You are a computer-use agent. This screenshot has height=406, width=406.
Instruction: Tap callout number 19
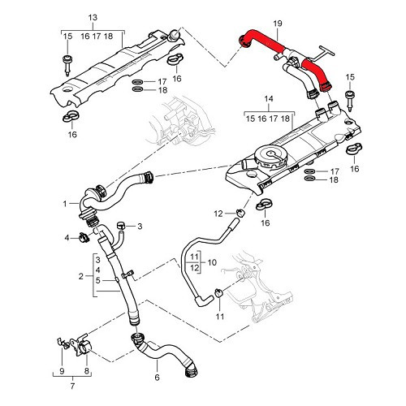pos(279,24)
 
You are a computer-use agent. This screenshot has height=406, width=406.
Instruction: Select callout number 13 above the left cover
pos(91,17)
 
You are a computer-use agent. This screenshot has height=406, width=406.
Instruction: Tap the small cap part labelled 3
pos(122,224)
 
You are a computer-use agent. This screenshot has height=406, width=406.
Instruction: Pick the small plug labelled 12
pos(240,214)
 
